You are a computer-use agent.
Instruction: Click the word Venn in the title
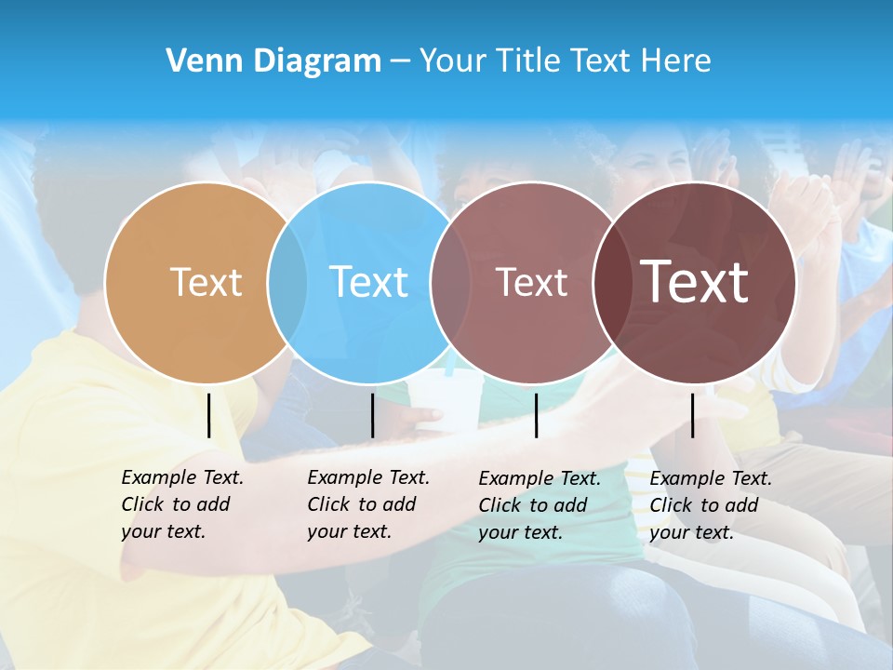pyautogui.click(x=198, y=61)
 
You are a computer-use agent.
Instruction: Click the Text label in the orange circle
pyautogui.click(x=206, y=282)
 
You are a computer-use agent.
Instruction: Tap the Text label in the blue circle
pyautogui.click(x=369, y=282)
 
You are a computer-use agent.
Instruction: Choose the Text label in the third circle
pyautogui.click(x=531, y=282)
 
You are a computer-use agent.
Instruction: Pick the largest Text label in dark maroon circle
pyautogui.click(x=695, y=282)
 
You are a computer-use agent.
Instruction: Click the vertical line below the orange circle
pyautogui.click(x=209, y=415)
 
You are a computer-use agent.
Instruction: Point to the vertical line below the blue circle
pyautogui.click(x=372, y=415)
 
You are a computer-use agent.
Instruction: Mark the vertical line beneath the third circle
pyautogui.click(x=536, y=415)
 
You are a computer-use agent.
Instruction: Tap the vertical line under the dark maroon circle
pyautogui.click(x=692, y=415)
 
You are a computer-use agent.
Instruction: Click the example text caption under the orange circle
pyautogui.click(x=181, y=504)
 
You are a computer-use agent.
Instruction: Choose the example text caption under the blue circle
pyautogui.click(x=367, y=504)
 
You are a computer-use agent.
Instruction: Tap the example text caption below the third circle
pyautogui.click(x=539, y=505)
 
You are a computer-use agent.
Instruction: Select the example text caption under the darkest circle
pyautogui.click(x=710, y=505)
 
